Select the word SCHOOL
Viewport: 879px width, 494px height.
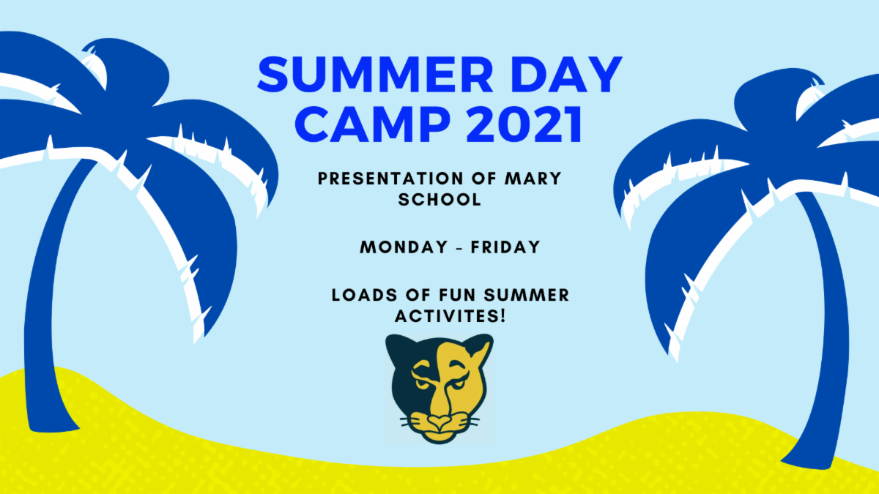439,199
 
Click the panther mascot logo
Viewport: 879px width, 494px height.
439,388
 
